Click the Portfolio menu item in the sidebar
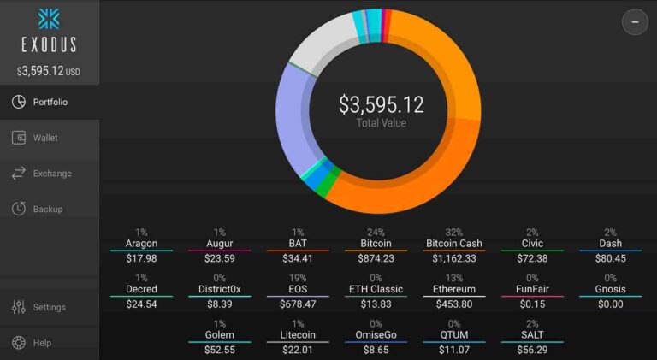pyautogui.click(x=50, y=103)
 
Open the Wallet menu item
pyautogui.click(x=45, y=138)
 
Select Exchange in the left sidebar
pyautogui.click(x=51, y=174)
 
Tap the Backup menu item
pyautogui.click(x=47, y=210)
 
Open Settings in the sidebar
pyautogui.click(x=49, y=308)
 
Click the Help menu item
pyautogui.click(x=41, y=343)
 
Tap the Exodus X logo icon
pyautogui.click(x=49, y=19)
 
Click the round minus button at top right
pyautogui.click(x=635, y=21)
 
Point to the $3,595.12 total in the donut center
pyautogui.click(x=381, y=105)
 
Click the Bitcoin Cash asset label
pyautogui.click(x=453, y=244)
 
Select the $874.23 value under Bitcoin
pyautogui.click(x=376, y=258)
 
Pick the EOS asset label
pyautogui.click(x=298, y=290)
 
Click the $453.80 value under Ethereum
pyautogui.click(x=453, y=304)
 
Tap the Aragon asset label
pyautogui.click(x=141, y=244)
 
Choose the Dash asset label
pyautogui.click(x=610, y=244)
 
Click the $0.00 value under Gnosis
pyautogui.click(x=610, y=304)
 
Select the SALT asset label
pyautogui.click(x=531, y=335)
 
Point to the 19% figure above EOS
pyautogui.click(x=298, y=278)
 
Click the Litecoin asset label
pyautogui.click(x=298, y=335)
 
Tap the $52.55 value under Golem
pyautogui.click(x=220, y=350)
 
